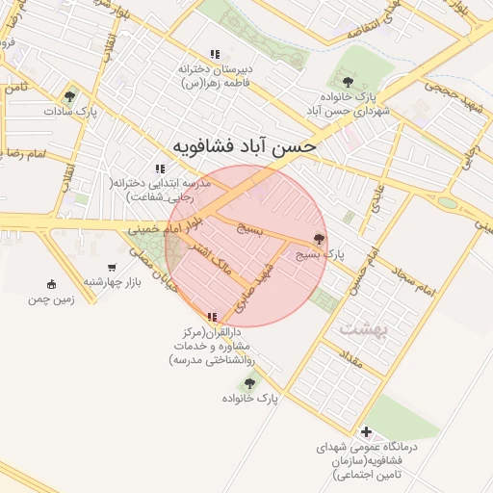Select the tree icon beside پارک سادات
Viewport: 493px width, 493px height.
[x=68, y=97]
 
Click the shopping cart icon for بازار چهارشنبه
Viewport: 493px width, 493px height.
[x=112, y=268]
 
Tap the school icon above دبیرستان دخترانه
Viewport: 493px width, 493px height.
[x=215, y=55]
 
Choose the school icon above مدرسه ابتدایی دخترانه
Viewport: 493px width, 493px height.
[x=160, y=169]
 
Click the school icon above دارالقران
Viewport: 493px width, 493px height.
[x=211, y=317]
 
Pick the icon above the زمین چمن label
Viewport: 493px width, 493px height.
[x=51, y=283]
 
